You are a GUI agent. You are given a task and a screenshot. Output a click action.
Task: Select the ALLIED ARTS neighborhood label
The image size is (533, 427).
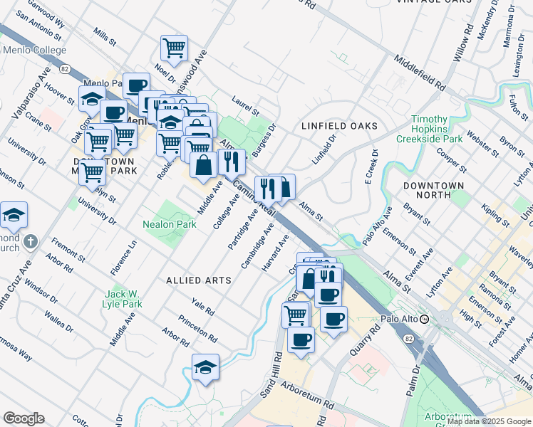[199, 280]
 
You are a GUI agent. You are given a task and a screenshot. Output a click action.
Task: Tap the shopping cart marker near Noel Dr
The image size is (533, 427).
[174, 48]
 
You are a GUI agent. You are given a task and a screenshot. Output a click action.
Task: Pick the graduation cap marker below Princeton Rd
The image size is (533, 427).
[205, 367]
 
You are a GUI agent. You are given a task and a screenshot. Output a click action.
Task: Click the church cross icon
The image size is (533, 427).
[30, 241]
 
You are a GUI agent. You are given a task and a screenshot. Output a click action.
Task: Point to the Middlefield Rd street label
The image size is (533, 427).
[418, 74]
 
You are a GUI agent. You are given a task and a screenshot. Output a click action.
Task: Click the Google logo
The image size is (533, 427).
[24, 418]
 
